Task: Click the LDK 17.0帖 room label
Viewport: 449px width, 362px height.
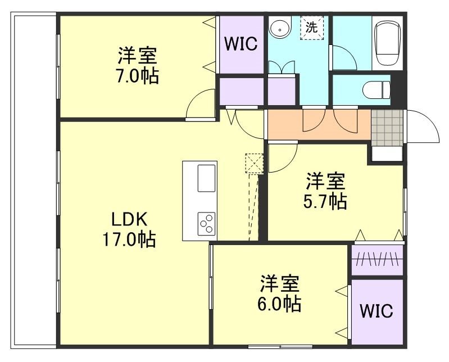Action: (x=129, y=229)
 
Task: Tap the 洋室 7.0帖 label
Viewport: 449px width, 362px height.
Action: (x=138, y=66)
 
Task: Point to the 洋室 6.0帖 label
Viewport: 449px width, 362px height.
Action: (x=280, y=294)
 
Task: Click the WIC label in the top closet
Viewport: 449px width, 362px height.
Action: (x=241, y=44)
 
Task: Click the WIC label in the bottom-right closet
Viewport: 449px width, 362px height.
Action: (x=377, y=311)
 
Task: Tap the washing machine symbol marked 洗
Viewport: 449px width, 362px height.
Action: (x=311, y=27)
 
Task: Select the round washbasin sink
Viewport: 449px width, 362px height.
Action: (x=279, y=28)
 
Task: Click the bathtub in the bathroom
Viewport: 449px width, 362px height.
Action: (x=387, y=43)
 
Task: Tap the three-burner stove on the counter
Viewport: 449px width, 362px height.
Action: (x=206, y=223)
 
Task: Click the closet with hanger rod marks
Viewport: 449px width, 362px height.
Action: (x=377, y=260)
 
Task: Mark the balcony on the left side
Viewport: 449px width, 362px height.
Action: (x=34, y=180)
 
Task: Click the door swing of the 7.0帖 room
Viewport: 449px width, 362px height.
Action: (x=199, y=106)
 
